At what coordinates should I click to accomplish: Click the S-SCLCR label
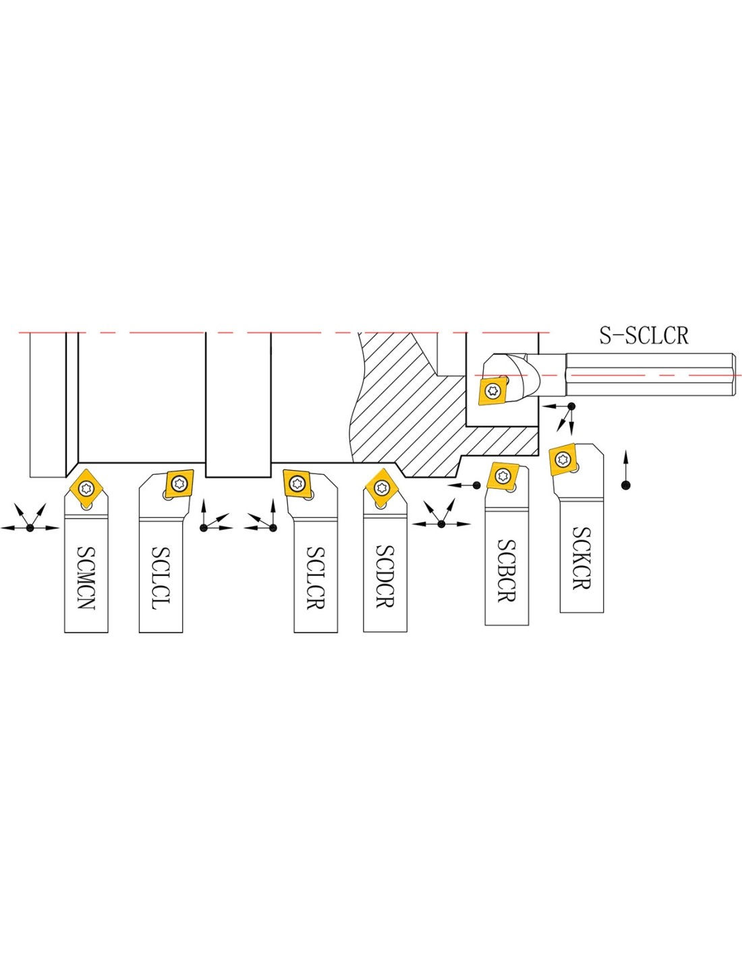(644, 335)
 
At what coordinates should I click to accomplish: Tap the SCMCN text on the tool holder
(86, 578)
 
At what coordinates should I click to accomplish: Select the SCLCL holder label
(161, 578)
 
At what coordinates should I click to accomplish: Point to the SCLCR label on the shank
(316, 578)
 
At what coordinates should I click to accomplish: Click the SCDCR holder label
(385, 577)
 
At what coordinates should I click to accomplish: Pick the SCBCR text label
(507, 571)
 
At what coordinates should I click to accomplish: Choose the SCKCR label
(581, 558)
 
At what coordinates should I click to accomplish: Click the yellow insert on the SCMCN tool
(86, 488)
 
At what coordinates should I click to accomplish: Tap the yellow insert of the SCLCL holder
(179, 484)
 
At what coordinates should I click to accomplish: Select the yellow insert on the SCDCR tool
(382, 488)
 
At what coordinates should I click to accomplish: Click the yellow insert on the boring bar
(493, 390)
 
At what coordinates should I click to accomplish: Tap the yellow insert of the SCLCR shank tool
(298, 484)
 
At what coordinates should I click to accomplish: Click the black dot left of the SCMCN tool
(30, 528)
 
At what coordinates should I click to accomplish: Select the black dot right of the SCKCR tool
(625, 486)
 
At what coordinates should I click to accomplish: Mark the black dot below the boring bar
(571, 406)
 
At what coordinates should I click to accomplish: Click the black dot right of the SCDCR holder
(441, 524)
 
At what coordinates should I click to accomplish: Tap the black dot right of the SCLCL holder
(204, 528)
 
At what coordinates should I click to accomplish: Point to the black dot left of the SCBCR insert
(476, 486)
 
